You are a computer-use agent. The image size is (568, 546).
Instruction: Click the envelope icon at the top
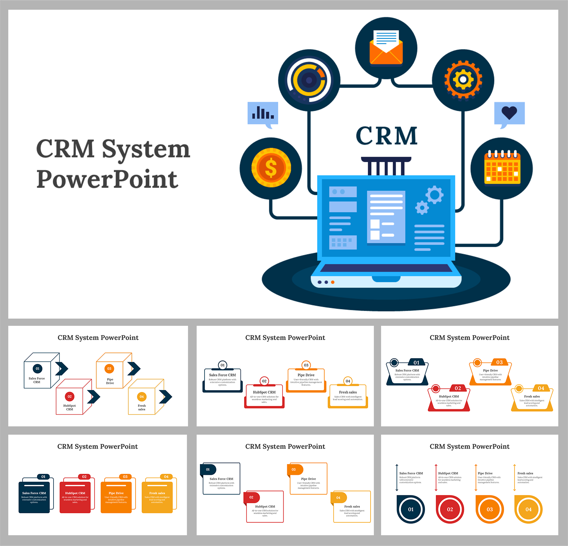click(x=386, y=48)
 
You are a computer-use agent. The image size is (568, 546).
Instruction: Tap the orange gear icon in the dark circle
click(x=463, y=80)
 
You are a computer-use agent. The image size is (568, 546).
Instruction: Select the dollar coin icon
click(x=271, y=168)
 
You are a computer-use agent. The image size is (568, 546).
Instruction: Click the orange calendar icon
click(x=502, y=168)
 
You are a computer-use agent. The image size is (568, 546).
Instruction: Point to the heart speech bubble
click(x=509, y=114)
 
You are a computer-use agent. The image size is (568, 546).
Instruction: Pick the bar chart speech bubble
click(x=263, y=114)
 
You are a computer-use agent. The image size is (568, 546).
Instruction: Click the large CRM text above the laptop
click(x=386, y=136)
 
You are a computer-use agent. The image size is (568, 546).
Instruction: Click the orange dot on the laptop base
click(x=333, y=282)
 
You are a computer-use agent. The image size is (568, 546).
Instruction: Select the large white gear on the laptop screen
click(x=435, y=195)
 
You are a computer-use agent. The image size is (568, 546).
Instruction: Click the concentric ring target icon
click(x=309, y=80)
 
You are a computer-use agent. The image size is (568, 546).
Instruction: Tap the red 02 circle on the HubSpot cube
click(x=70, y=397)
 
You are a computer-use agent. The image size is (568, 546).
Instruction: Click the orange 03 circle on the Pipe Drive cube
click(x=109, y=369)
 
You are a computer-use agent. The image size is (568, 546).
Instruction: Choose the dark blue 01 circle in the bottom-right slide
click(x=411, y=509)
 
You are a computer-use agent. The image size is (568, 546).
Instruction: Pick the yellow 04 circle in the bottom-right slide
click(x=528, y=509)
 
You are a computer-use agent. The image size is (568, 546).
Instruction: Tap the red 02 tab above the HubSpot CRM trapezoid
click(x=458, y=388)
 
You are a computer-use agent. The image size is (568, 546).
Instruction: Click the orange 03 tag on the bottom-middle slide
click(x=295, y=469)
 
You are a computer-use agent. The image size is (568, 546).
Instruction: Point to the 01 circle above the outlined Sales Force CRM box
click(x=223, y=365)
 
